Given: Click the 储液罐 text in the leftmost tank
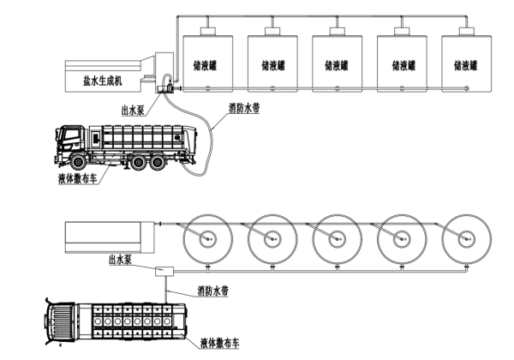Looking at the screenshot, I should (206, 64).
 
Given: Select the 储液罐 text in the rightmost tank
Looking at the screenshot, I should (466, 64).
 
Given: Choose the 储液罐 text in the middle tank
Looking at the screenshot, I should (336, 64).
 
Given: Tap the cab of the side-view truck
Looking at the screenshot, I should (71, 144).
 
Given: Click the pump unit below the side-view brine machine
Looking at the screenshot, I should (165, 84).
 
